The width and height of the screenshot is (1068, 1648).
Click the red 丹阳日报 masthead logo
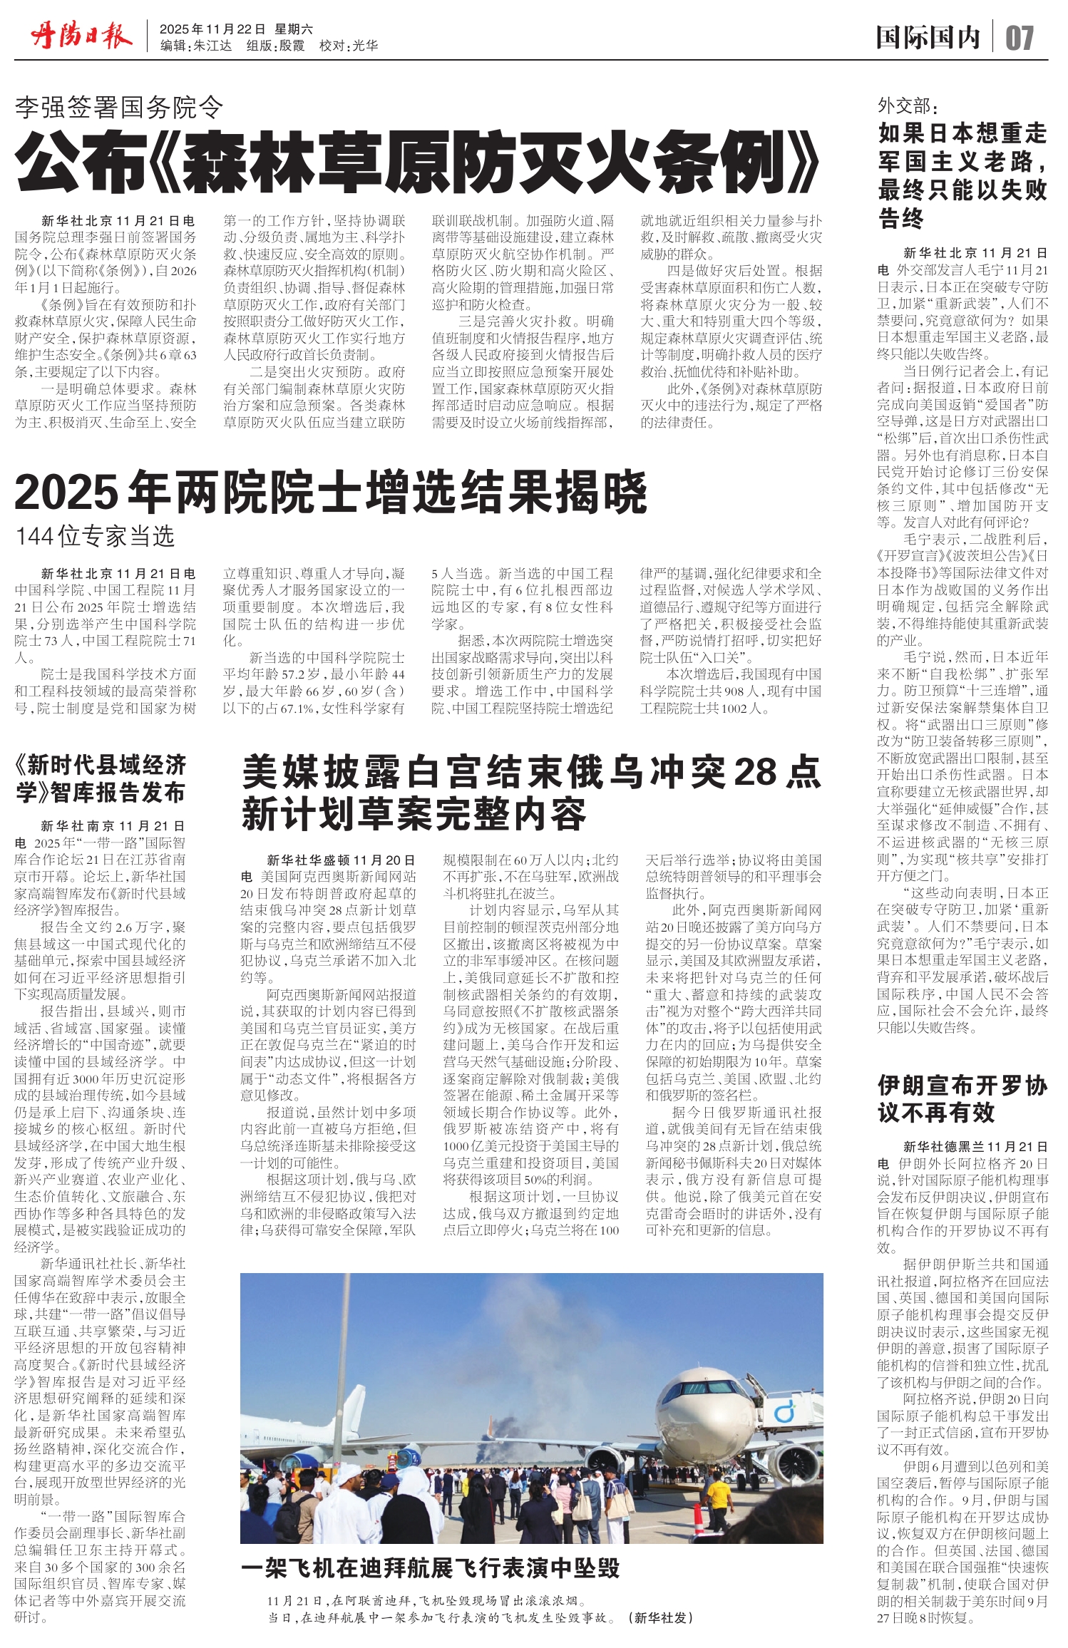point(81,36)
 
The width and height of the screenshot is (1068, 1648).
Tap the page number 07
point(1019,38)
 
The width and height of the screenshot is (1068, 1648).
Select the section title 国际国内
point(928,38)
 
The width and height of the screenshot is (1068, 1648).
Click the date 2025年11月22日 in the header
point(212,29)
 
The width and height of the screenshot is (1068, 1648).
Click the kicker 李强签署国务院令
point(119,108)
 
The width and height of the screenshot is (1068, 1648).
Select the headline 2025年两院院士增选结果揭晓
point(330,493)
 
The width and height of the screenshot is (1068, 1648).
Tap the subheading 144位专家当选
point(96,537)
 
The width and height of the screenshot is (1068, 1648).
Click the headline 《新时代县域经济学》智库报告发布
point(101,779)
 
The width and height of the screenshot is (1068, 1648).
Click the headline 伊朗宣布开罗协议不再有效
point(962,1098)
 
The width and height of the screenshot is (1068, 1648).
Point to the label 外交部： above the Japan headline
point(908,106)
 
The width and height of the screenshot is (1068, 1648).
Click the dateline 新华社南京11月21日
point(113,826)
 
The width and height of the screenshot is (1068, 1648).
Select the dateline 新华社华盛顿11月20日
point(341,860)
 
